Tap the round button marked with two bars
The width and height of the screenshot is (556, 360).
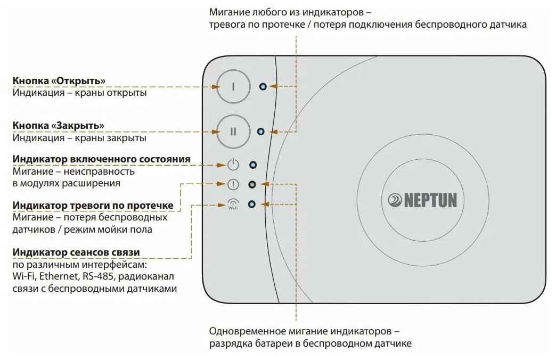point(232,132)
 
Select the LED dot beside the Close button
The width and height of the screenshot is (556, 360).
point(260,132)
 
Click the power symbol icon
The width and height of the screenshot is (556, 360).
point(233,165)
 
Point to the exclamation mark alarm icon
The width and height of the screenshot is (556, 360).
point(233,185)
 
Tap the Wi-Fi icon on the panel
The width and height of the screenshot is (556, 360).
point(233,204)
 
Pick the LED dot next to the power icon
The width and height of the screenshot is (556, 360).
point(253,165)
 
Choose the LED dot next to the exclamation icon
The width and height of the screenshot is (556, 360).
point(252,185)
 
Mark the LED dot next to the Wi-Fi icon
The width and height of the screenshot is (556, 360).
point(252,204)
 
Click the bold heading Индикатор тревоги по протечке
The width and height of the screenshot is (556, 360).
point(96,206)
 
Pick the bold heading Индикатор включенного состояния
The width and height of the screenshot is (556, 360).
point(101,160)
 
